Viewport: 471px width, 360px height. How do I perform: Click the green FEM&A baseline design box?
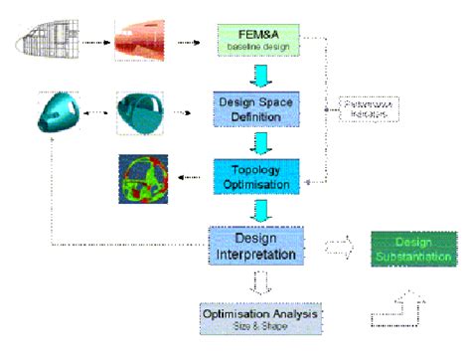click(252, 41)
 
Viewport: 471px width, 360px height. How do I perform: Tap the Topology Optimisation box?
click(253, 175)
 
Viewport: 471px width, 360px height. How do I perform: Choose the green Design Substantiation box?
click(413, 248)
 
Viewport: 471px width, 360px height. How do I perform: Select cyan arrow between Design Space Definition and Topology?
click(254, 143)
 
